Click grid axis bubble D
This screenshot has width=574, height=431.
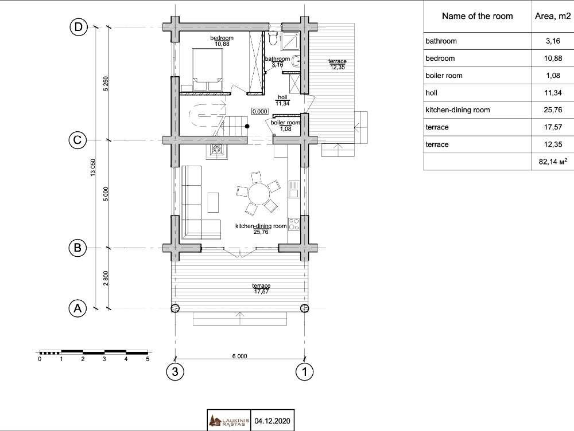[78, 27]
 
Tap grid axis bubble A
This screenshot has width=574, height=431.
[77, 308]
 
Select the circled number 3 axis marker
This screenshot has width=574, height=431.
[175, 372]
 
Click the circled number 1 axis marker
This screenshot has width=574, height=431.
[305, 372]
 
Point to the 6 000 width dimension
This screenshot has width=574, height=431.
[240, 356]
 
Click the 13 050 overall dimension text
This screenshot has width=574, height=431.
[92, 168]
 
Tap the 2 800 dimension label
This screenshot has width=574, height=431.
[106, 278]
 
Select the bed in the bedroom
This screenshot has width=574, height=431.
[208, 69]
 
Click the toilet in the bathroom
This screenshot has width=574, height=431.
[273, 38]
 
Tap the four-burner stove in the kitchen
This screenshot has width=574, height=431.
[293, 224]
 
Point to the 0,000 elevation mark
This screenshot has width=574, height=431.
[259, 111]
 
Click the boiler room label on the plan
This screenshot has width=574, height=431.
[285, 123]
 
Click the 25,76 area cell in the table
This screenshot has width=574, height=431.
[553, 109]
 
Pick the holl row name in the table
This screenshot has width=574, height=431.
[432, 93]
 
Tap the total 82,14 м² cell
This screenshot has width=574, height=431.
[553, 161]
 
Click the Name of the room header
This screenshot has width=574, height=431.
[478, 16]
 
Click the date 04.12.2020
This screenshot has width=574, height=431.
[272, 421]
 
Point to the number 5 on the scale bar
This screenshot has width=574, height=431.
[148, 359]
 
